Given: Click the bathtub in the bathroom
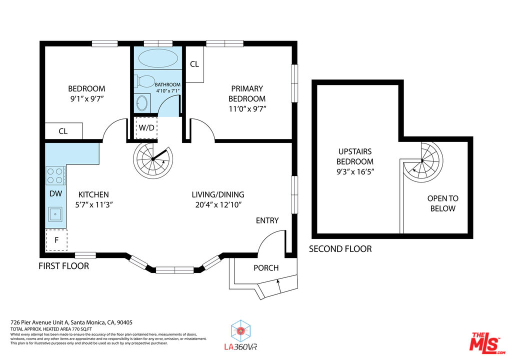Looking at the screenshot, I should [x=157, y=58].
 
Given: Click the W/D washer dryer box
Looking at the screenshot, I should [x=146, y=127].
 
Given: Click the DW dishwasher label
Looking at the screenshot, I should [x=55, y=194].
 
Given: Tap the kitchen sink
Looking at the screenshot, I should [x=54, y=214].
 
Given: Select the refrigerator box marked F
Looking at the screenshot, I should [x=56, y=240].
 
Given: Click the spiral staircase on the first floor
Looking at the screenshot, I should [x=152, y=161].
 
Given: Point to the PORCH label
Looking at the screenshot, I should [x=266, y=268].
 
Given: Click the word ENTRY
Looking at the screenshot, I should [x=267, y=220].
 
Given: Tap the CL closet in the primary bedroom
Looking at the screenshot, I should [x=194, y=64].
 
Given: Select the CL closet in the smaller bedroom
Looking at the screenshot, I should [x=63, y=131].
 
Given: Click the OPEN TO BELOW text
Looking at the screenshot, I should [x=442, y=203].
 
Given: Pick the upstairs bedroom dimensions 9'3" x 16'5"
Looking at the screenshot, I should [x=355, y=171].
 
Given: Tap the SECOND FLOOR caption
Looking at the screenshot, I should [x=340, y=249].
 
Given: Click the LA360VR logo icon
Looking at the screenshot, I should [x=240, y=331].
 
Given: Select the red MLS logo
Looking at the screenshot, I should [x=485, y=343].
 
